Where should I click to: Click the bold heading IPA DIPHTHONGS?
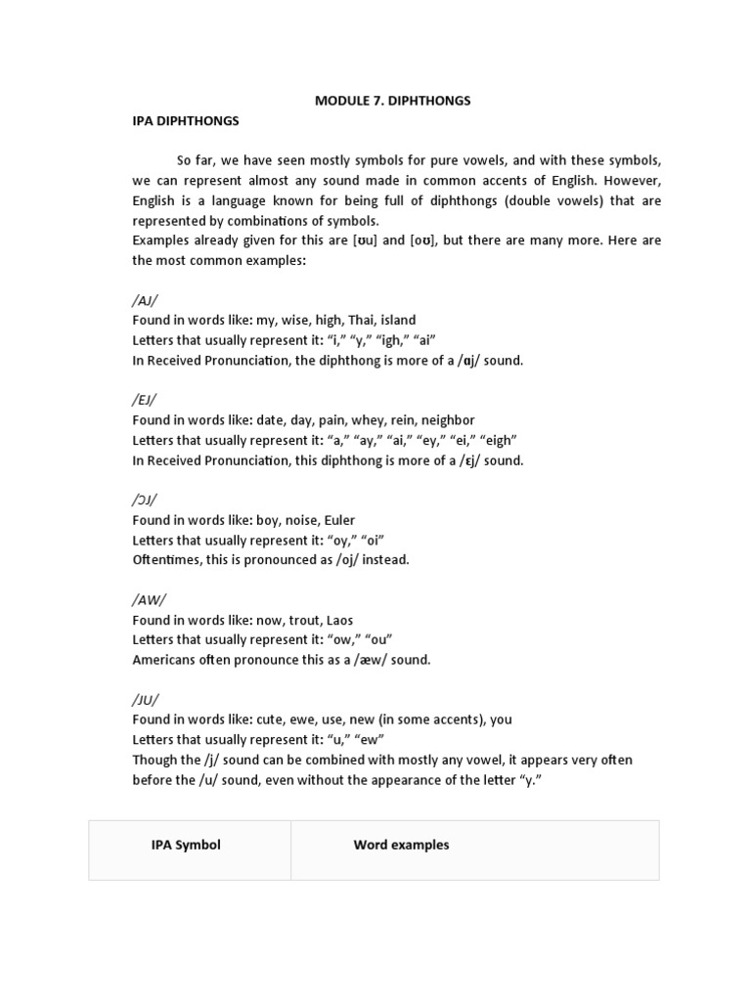[186, 120]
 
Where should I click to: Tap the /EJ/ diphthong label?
[144, 400]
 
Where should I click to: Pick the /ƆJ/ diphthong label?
[145, 500]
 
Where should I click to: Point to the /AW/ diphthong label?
[147, 599]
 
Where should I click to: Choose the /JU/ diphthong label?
[145, 699]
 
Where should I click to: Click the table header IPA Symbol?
[186, 845]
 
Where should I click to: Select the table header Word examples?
[401, 845]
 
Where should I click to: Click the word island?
[397, 320]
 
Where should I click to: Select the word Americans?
[164, 659]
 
